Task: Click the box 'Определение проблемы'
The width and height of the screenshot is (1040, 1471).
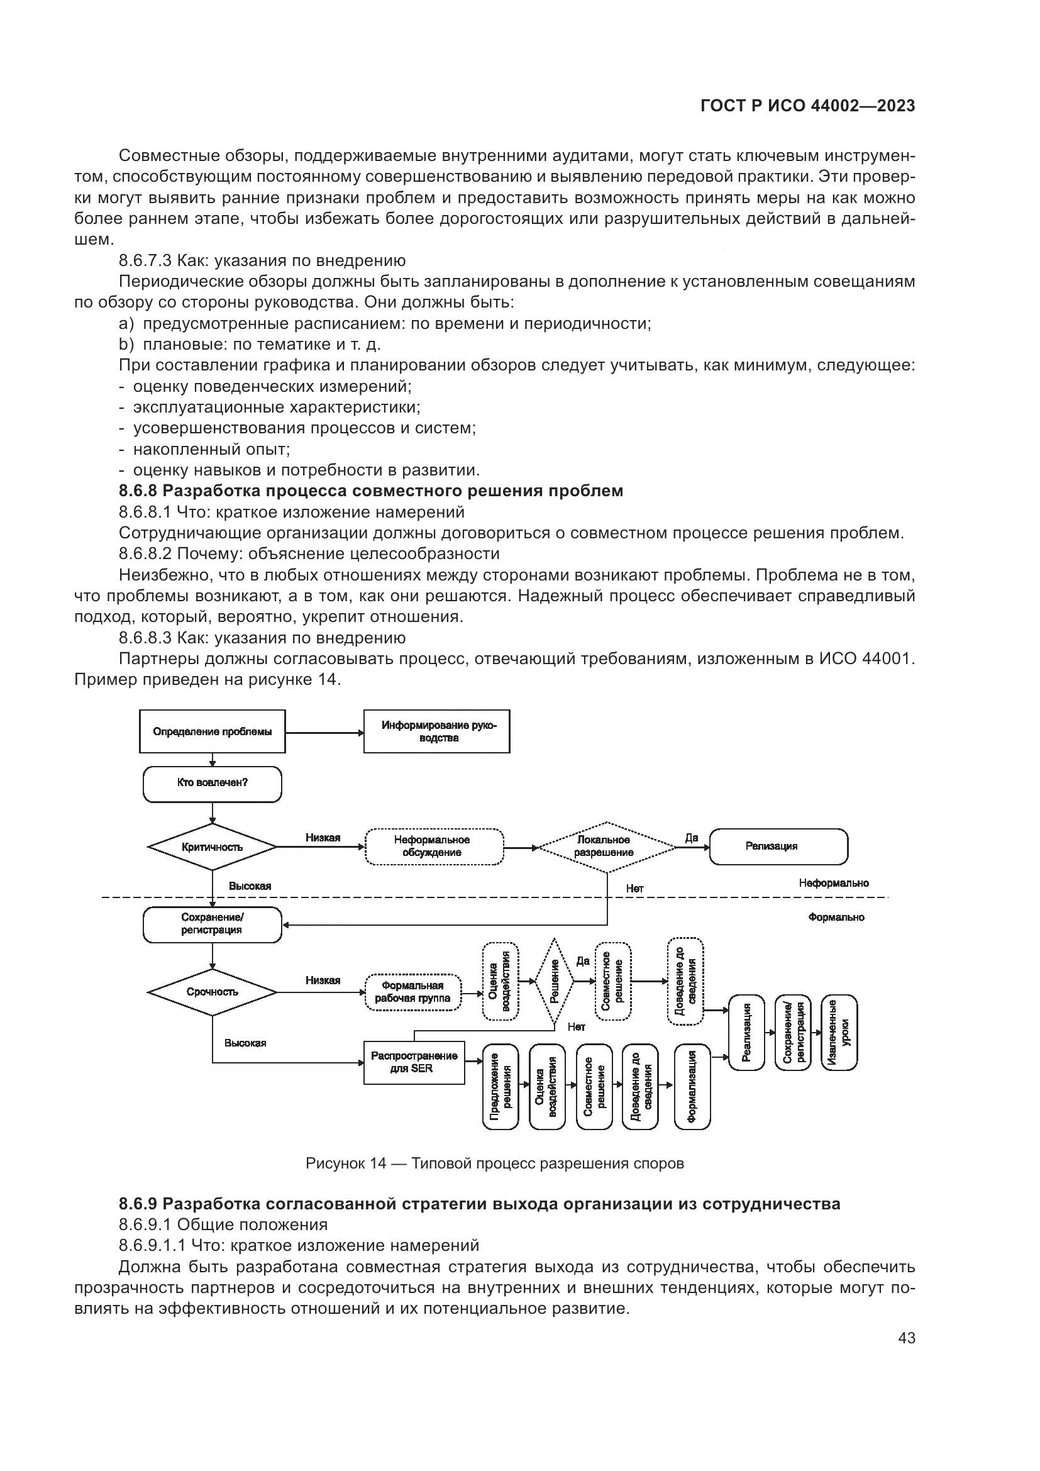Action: click(x=212, y=731)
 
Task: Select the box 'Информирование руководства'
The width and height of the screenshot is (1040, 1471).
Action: click(x=437, y=731)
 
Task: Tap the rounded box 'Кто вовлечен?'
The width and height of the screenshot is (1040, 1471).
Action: click(x=212, y=783)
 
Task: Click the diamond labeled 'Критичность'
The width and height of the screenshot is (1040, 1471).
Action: click(x=212, y=847)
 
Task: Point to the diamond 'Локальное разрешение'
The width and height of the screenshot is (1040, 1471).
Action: click(x=606, y=847)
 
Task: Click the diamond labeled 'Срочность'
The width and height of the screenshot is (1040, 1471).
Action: click(x=212, y=992)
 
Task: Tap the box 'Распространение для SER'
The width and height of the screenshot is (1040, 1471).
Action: click(x=414, y=1062)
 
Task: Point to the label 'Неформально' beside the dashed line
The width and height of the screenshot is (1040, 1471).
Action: click(x=833, y=884)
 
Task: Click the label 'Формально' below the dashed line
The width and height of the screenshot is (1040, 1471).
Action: click(x=836, y=918)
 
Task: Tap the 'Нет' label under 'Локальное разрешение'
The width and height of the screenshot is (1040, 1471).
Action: click(x=634, y=889)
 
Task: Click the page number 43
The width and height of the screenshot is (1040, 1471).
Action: click(x=906, y=1338)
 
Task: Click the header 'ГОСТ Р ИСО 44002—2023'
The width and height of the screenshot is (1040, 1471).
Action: click(x=807, y=106)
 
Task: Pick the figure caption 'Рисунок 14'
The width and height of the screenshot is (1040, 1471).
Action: click(x=494, y=1163)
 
